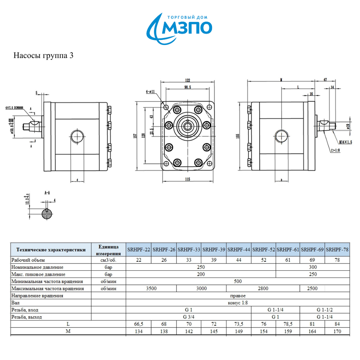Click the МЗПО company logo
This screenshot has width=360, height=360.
click(180, 27)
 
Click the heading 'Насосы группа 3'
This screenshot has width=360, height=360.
click(44, 56)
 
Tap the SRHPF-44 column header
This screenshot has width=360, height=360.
click(239, 249)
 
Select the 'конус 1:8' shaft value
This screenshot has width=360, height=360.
click(238, 303)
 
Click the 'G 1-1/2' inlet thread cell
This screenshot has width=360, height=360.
click(325, 310)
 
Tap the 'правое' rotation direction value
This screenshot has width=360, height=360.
click(238, 296)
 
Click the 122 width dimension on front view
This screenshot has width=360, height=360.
click(187, 81)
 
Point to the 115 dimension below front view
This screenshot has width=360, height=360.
click(187, 179)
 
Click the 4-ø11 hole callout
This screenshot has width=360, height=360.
click(150, 92)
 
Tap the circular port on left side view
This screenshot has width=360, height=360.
click(77, 136)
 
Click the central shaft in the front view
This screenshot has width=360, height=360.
click(187, 126)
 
